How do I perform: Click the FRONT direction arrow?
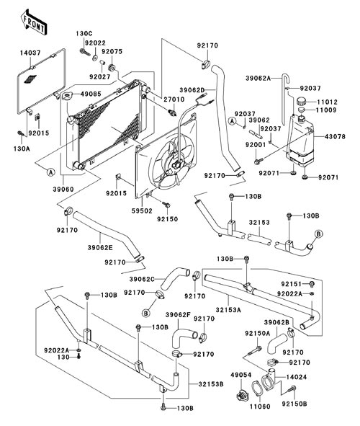34,22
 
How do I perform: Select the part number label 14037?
30,53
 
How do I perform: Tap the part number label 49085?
91,94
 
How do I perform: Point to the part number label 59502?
142,210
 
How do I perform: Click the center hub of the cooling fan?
176,164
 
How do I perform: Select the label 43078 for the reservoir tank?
336,136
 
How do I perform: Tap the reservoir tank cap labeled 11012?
302,102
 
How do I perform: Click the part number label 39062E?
100,247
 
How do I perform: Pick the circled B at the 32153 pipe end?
318,234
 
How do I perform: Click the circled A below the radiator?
50,172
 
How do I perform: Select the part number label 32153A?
228,309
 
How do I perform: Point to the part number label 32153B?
211,384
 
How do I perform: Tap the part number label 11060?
260,407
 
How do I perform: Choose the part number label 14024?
297,377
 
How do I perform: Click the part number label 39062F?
178,314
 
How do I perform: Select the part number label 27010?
174,99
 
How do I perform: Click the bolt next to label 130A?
20,133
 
